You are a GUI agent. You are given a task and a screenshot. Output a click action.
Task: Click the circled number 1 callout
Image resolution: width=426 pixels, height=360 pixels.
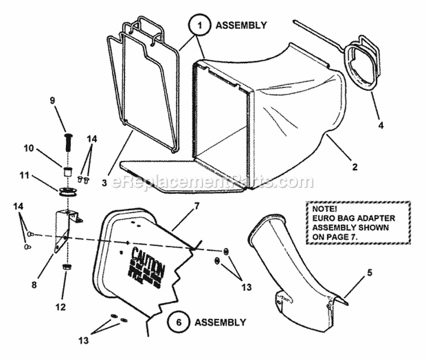[x=197, y=25]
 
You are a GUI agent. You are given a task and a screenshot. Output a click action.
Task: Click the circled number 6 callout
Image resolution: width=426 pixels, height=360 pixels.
[x=179, y=322]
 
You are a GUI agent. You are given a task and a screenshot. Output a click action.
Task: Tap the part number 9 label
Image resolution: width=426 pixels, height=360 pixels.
[x=52, y=100]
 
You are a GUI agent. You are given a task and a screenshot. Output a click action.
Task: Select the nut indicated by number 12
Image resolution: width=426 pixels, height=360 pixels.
[x=68, y=266]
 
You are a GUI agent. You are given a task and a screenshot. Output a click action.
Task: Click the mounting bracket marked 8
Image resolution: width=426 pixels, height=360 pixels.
[x=62, y=230]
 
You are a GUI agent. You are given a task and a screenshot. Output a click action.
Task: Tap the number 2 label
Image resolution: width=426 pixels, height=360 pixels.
[x=354, y=167]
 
